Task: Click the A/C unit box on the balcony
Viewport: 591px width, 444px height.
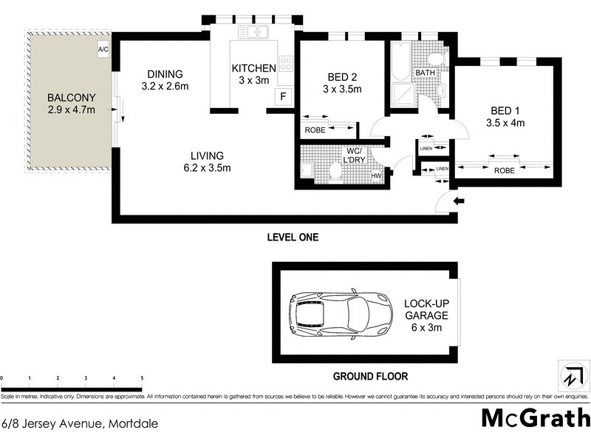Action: click(x=103, y=50)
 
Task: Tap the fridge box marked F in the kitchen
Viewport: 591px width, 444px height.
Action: click(x=281, y=95)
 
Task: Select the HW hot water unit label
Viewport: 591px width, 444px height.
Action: click(x=375, y=175)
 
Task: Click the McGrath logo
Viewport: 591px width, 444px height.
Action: click(x=536, y=417)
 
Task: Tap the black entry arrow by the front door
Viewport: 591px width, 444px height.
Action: click(x=458, y=201)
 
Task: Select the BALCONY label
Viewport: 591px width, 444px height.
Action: click(x=68, y=98)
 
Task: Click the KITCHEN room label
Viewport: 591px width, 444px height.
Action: click(x=254, y=68)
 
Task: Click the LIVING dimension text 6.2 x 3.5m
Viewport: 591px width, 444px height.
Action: click(x=207, y=168)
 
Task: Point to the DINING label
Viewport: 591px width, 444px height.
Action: click(x=164, y=73)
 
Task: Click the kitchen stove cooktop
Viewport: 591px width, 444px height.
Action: click(x=286, y=64)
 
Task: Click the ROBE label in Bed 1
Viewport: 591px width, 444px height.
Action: click(x=504, y=169)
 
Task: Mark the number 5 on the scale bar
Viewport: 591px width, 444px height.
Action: click(x=142, y=378)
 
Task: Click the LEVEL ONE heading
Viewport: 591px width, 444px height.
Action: click(x=293, y=238)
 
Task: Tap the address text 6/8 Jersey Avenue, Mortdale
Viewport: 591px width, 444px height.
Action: click(x=80, y=424)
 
